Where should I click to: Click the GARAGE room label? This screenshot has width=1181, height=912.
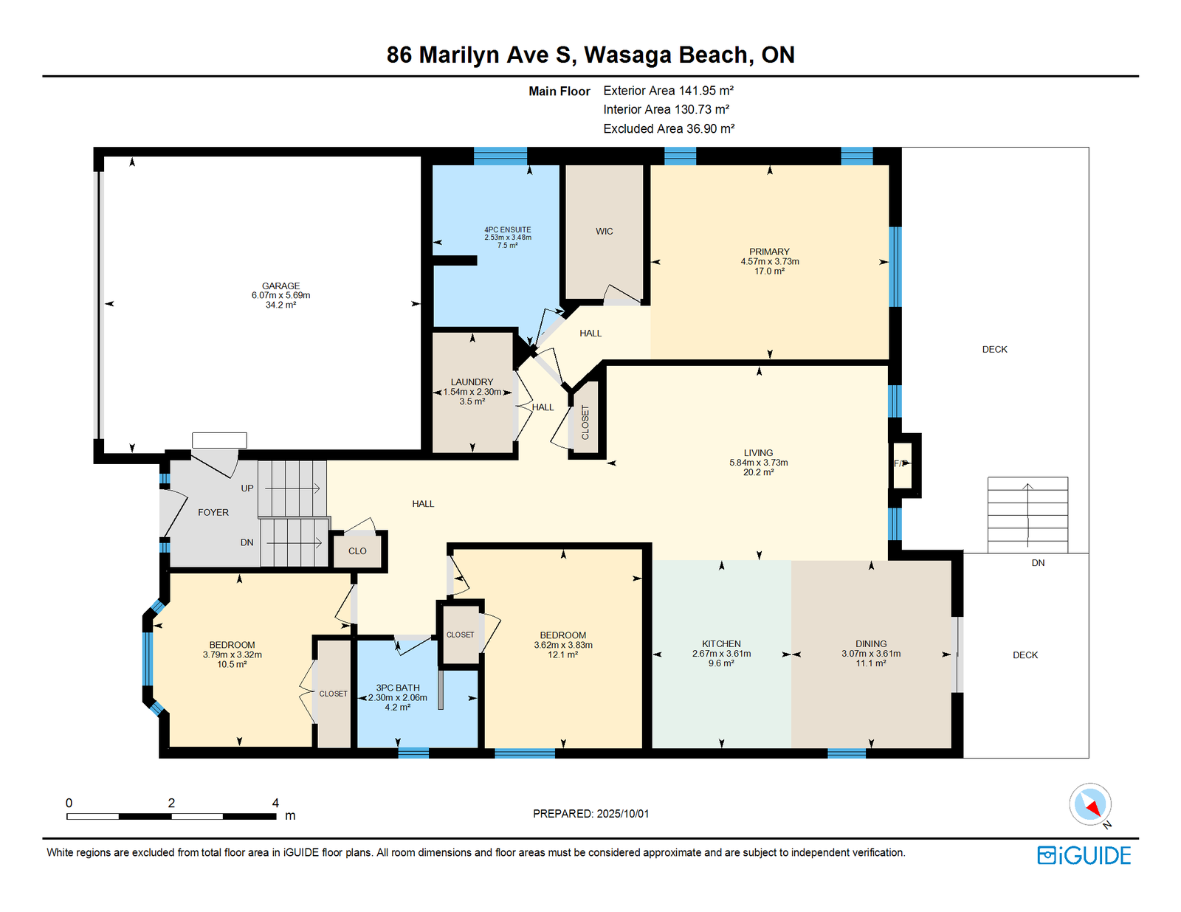tap(280, 286)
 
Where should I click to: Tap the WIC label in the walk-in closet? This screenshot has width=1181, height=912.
tap(604, 232)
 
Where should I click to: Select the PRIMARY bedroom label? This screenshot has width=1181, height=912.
tap(769, 252)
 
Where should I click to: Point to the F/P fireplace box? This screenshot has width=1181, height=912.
tap(903, 465)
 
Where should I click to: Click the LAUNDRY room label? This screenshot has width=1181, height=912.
tap(472, 382)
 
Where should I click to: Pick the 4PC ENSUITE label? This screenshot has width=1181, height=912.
tap(508, 229)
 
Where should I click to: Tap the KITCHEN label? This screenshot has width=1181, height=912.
tap(721, 643)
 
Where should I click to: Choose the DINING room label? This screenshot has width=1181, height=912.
tap(871, 643)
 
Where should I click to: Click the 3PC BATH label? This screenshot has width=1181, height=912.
tap(398, 688)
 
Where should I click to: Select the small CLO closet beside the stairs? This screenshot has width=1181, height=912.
tap(357, 551)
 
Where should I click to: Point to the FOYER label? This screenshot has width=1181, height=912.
tap(213, 512)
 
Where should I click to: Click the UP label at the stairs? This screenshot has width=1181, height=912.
tap(247, 488)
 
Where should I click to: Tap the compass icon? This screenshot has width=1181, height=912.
tap(1090, 804)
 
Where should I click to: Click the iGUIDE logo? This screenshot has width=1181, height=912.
tap(1084, 855)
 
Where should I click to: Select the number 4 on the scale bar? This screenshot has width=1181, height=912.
tap(275, 803)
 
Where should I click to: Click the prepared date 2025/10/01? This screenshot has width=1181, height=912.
tap(623, 814)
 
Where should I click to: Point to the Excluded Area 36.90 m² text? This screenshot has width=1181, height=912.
tap(669, 128)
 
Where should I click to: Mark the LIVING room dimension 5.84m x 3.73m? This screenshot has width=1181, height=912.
tap(758, 463)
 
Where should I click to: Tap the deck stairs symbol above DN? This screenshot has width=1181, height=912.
tap(1027, 515)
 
